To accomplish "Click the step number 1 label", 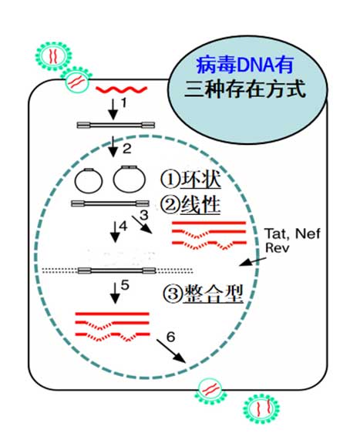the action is [123, 103].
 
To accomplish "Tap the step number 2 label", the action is [126, 149].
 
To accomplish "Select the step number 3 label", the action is [144, 215].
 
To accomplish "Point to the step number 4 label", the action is [123, 227].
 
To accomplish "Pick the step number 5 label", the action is [125, 285].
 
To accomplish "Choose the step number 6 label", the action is [170, 337].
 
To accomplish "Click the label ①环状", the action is [190, 179].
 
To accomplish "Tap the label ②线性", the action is [190, 205].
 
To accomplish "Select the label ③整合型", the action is [203, 294].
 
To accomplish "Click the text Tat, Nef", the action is [292, 234].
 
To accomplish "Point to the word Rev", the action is [278, 248].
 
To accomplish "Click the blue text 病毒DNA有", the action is [244, 65].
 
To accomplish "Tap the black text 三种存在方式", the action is [245, 89].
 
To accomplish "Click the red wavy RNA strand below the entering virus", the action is [122, 89].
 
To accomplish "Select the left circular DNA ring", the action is [89, 180].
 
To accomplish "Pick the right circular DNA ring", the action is [130, 179].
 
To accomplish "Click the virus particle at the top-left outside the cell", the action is [53, 56].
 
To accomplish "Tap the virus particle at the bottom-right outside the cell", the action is [261, 408].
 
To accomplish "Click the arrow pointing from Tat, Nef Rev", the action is [253, 261].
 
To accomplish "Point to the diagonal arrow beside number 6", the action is [171, 351].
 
